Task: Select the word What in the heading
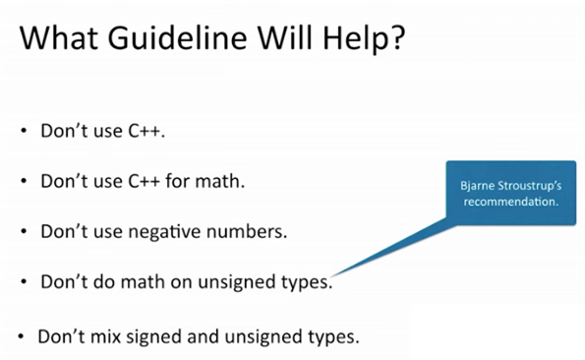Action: (x=60, y=41)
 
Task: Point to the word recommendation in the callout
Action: (x=510, y=201)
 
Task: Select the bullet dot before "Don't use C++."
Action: (x=25, y=132)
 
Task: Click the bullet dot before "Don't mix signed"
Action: (x=21, y=335)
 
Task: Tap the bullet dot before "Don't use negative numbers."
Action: (x=25, y=233)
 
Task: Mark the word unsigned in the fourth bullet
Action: (x=236, y=282)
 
